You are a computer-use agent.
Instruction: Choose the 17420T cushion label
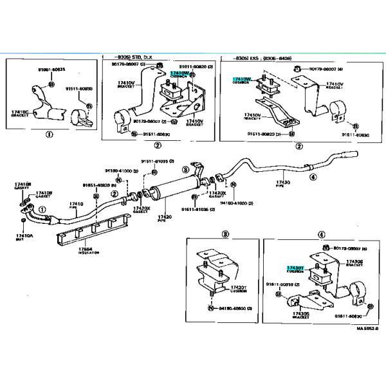pos(239,289)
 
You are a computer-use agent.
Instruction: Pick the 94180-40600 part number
pos(233,309)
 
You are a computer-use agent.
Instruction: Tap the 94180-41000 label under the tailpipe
pos(237,202)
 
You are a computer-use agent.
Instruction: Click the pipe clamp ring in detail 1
pos(82,116)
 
